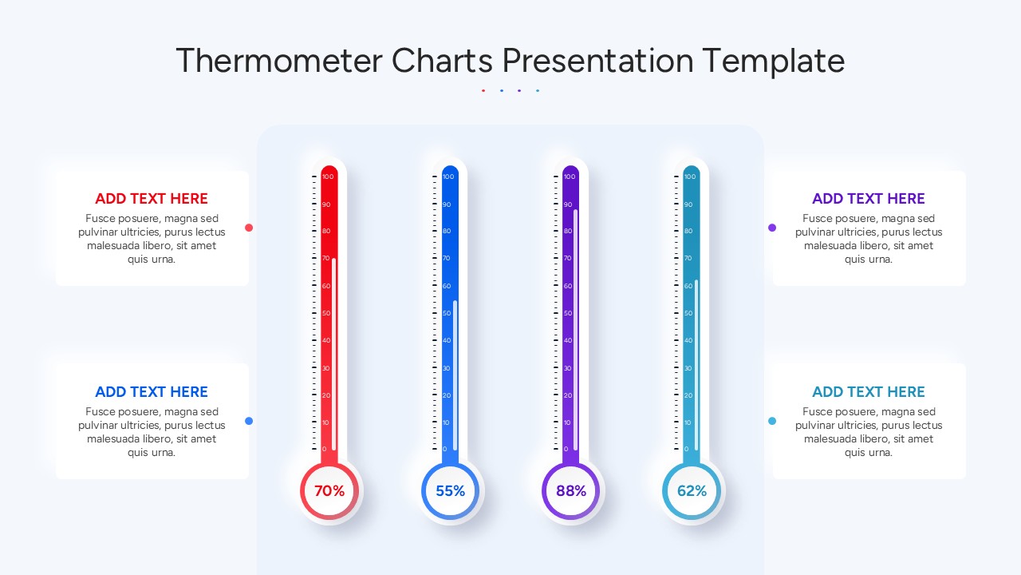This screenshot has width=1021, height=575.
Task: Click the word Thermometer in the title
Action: point(279,60)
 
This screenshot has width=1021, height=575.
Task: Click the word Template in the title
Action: point(773,61)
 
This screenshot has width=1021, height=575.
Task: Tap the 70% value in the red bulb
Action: point(329,490)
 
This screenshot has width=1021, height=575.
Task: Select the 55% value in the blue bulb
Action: point(451,490)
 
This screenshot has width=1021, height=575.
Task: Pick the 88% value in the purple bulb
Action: point(571,490)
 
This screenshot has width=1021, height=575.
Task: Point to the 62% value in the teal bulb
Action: point(692,490)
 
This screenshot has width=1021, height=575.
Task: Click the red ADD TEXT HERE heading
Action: point(152,199)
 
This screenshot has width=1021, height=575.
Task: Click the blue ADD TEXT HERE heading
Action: point(152,391)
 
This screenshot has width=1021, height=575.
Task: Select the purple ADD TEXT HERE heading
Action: point(869,199)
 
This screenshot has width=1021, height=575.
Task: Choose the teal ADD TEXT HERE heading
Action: point(869,391)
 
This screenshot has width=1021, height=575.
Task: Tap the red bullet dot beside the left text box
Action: point(249,228)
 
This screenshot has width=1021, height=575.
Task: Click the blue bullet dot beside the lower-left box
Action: point(249,421)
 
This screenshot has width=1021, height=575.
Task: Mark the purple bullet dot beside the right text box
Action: point(772,228)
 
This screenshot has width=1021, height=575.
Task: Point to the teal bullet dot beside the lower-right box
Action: point(772,421)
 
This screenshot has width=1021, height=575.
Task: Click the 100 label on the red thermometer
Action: point(328,176)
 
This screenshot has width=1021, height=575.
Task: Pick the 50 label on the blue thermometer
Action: point(447,313)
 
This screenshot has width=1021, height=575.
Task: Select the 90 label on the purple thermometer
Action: point(567,204)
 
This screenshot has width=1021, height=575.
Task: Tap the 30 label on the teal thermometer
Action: point(688,368)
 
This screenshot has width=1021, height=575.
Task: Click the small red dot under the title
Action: point(483,90)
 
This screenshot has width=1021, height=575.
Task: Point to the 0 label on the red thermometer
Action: point(324,449)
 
